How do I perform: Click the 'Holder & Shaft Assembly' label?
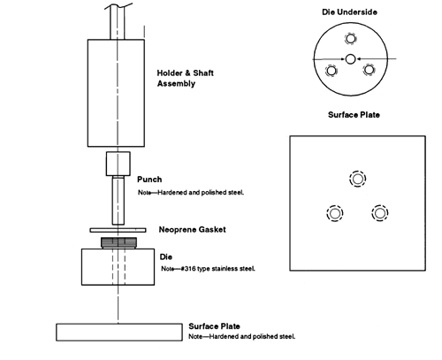point(185,78)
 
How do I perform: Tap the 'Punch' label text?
point(149,180)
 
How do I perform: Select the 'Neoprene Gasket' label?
point(193,229)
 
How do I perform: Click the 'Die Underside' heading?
point(349,12)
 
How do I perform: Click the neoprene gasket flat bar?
point(118,230)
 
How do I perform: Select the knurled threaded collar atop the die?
point(119,242)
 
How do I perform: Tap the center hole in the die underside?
point(350,59)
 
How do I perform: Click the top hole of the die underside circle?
point(350,39)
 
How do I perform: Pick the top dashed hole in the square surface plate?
point(358,179)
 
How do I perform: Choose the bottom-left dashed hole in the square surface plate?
point(335,213)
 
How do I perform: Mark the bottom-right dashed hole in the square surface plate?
point(380,213)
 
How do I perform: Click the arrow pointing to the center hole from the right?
point(377,59)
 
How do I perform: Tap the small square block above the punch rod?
point(118,164)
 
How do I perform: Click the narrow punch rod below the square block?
point(118,200)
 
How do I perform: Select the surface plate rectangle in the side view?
point(119,333)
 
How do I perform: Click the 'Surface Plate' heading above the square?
point(354,115)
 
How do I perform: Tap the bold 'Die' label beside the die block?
point(166,257)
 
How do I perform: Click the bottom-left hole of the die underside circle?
point(331,71)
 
